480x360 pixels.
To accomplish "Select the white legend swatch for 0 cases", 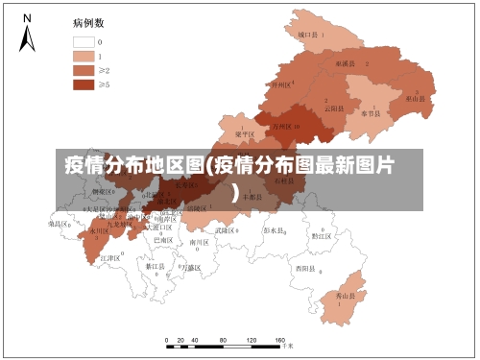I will (x=84, y=42).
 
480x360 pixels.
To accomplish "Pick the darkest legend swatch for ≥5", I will (x=84, y=84).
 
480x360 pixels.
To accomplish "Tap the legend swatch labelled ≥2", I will (x=84, y=70).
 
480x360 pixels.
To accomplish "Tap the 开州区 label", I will (x=280, y=84).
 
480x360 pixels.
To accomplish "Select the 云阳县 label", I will (x=333, y=108).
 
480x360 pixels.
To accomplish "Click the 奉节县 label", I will (x=371, y=112).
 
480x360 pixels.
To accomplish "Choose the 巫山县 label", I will (x=415, y=98).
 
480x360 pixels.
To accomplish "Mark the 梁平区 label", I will (x=244, y=134).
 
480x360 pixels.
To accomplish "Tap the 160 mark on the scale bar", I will (x=280, y=341).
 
